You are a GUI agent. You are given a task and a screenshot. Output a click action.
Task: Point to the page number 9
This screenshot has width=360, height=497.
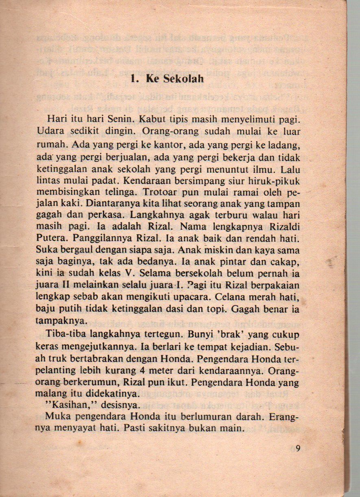[x=298, y=449]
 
